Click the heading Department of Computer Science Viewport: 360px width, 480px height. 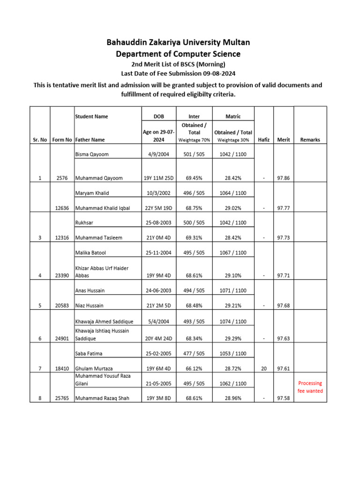178,54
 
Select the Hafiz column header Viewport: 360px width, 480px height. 264,140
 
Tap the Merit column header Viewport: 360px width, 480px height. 284,140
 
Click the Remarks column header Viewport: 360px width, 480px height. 310,140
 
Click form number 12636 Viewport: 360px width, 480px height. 62,208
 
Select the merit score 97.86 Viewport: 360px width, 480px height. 284,178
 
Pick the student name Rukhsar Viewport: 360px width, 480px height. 84,223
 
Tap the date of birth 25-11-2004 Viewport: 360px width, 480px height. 158,253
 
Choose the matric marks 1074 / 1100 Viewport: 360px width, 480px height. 233,322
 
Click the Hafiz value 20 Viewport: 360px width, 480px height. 264,369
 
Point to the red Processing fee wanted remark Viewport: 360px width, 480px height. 310,387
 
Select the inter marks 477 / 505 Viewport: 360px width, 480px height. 194,353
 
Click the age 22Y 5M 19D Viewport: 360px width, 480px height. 158,208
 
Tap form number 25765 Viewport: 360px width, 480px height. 62,398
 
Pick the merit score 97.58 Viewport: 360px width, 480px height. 284,398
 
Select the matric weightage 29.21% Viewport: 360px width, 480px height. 233,306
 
